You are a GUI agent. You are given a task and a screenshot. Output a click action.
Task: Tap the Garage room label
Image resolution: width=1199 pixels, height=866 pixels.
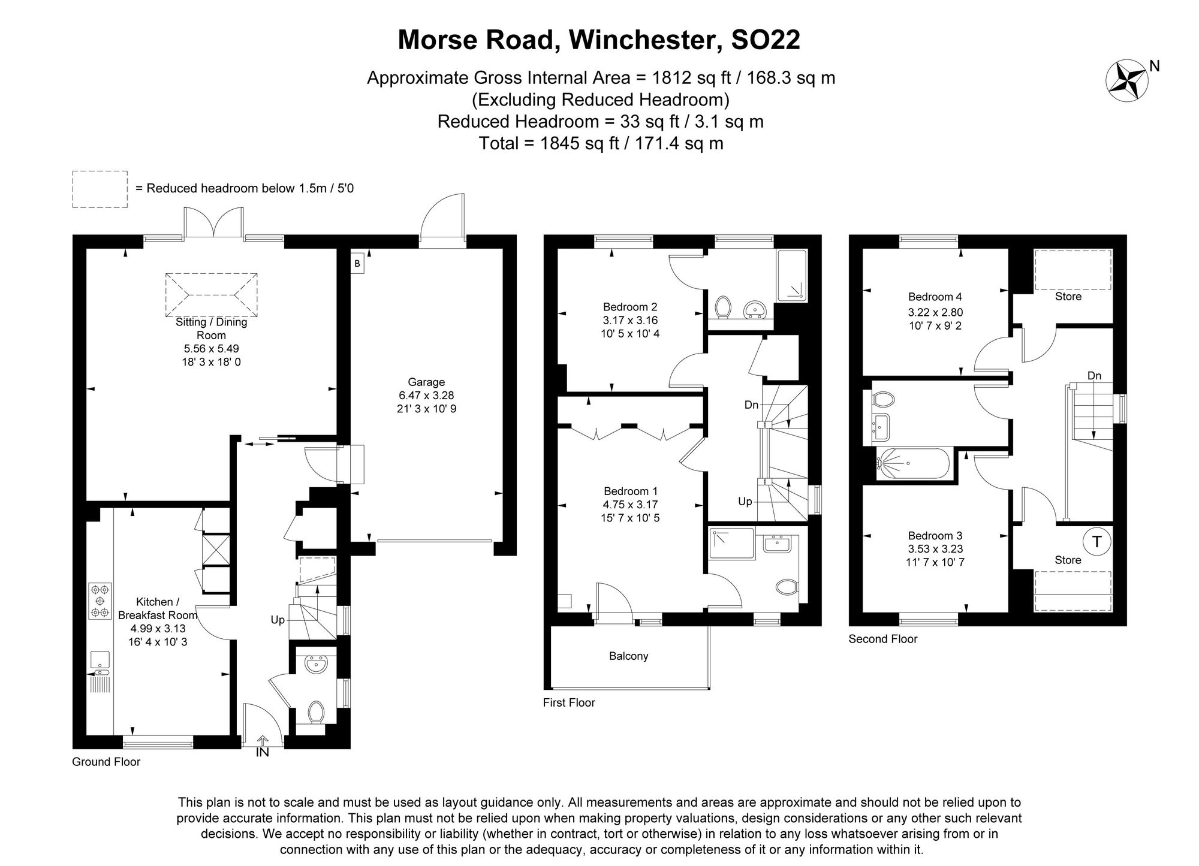coord(426,382)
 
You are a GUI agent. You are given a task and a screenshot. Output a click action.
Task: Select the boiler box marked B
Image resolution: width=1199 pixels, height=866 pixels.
coord(357,264)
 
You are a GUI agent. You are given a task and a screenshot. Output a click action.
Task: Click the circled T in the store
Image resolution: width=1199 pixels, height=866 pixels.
coord(1096,542)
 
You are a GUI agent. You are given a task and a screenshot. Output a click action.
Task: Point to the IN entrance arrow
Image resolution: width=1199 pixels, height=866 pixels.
coord(263,746)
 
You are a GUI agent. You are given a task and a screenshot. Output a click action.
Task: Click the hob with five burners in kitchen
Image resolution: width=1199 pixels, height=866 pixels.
coord(100,601)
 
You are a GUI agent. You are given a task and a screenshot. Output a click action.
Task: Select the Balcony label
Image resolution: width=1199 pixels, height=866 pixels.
coord(628,656)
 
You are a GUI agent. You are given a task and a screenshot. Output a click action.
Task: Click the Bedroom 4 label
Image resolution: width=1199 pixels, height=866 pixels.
coord(935,297)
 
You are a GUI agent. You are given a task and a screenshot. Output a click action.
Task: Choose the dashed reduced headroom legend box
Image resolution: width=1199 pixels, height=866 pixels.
coord(100,189)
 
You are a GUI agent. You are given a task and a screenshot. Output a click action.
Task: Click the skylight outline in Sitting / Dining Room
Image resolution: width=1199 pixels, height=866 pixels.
coord(211,295)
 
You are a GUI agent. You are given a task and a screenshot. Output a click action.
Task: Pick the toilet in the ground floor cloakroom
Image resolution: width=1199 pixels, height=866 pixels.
coord(316,712)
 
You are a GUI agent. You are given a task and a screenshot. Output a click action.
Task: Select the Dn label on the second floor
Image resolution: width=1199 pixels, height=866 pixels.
coord(1094,376)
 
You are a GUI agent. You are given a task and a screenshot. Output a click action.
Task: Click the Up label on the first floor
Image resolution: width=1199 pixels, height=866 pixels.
coord(745,501)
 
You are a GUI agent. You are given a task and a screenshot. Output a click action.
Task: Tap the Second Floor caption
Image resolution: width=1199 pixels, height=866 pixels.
coord(882,639)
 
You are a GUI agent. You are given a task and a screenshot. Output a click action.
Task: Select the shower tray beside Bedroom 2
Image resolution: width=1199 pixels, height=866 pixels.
coord(792,276)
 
